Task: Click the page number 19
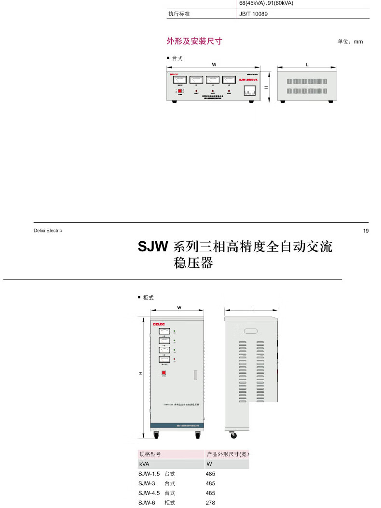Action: [366, 231]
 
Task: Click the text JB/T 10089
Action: [253, 14]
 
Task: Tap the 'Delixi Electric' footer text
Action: [48, 231]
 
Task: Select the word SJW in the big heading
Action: [152, 247]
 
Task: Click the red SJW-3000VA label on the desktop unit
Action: [248, 80]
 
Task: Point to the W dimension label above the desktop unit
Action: [214, 64]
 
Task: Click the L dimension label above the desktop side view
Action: [307, 64]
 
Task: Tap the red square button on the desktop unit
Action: [180, 91]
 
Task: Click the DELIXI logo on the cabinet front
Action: [159, 325]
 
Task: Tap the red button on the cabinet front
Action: [164, 372]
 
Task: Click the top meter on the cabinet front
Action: [164, 331]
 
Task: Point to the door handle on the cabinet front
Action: [195, 375]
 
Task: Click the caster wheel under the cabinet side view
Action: [234, 435]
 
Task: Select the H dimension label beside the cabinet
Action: [140, 373]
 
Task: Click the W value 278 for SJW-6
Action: [210, 503]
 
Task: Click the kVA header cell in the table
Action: [144, 464]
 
